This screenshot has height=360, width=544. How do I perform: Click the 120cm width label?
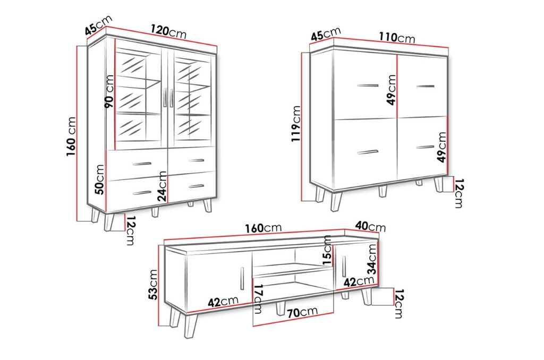click(168, 31)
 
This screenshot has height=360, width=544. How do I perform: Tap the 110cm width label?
click(397, 37)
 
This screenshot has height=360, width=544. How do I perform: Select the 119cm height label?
click(296, 124)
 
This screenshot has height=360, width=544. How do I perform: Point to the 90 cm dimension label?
click(109, 91)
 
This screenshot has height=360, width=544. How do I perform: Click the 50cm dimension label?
click(99, 179)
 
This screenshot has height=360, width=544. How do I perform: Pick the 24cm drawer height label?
click(161, 186)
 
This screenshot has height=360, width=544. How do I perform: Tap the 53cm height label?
click(152, 285)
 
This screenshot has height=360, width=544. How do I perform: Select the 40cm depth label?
click(370, 226)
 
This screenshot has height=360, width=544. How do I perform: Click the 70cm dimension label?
click(302, 312)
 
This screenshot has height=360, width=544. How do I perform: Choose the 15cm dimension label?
click(327, 250)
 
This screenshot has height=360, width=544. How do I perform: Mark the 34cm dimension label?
click(372, 259)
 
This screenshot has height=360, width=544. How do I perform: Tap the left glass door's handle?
click(165, 98)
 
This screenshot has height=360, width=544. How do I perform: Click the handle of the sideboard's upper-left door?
click(368, 85)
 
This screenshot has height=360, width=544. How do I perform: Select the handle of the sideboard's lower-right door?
click(425, 147)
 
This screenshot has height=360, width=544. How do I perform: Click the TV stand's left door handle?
click(242, 278)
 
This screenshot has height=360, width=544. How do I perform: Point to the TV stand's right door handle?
click(344, 267)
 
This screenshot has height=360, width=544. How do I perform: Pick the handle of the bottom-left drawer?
click(142, 193)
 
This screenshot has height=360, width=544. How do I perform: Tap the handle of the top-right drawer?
click(196, 160)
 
